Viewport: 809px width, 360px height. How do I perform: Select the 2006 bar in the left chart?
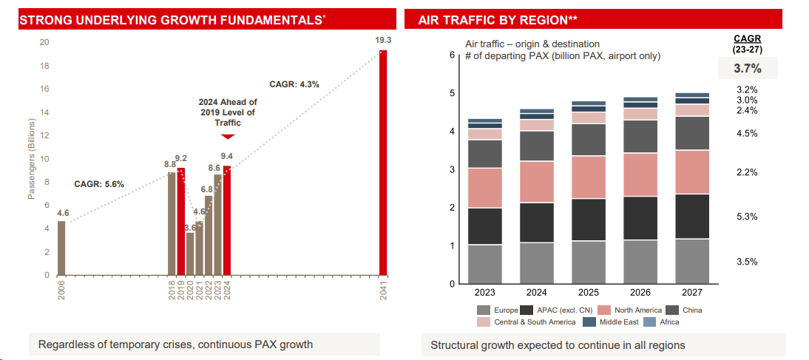pyautogui.click(x=61, y=248)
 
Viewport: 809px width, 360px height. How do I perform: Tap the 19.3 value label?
pyautogui.click(x=383, y=40)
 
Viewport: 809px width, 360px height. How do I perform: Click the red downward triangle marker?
pyautogui.click(x=228, y=136)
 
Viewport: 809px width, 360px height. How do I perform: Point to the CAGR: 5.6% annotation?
pyautogui.click(x=99, y=183)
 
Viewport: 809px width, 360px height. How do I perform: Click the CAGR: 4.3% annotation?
pyautogui.click(x=294, y=84)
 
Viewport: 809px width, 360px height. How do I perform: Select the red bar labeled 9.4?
pyautogui.click(x=227, y=220)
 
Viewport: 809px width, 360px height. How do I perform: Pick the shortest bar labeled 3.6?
pyautogui.click(x=190, y=254)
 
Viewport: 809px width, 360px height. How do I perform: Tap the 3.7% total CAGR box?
pyautogui.click(x=747, y=69)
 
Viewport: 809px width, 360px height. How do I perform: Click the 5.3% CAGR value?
pyautogui.click(x=747, y=217)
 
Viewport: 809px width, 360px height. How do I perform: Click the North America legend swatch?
pyautogui.click(x=603, y=310)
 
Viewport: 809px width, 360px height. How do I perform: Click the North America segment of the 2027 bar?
pyautogui.click(x=693, y=171)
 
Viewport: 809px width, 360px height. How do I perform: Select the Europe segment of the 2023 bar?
pyautogui.click(x=484, y=264)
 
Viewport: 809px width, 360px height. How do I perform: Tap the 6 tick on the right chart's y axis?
pyautogui.click(x=451, y=55)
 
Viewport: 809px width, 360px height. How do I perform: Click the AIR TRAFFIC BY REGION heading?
pyautogui.click(x=498, y=20)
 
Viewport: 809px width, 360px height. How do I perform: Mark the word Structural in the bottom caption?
pyautogui.click(x=453, y=345)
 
